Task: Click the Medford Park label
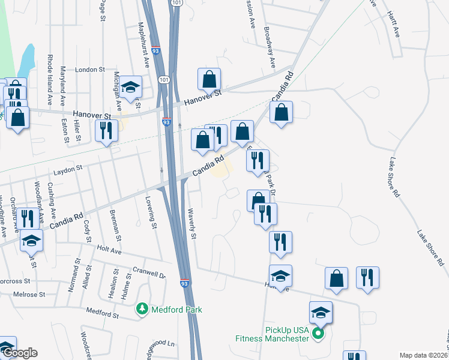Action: coord(176,310)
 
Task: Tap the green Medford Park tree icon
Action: coord(142,309)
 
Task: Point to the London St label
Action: coord(90,70)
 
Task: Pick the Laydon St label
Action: coord(70,170)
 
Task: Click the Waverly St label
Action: coord(193,227)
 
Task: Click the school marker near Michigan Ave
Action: coord(130,87)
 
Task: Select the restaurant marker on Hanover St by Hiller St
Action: coord(106,131)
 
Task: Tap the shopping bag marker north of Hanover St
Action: coord(209,79)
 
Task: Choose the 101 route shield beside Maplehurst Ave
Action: coord(163,79)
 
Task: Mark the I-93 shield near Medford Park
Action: coord(185,283)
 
